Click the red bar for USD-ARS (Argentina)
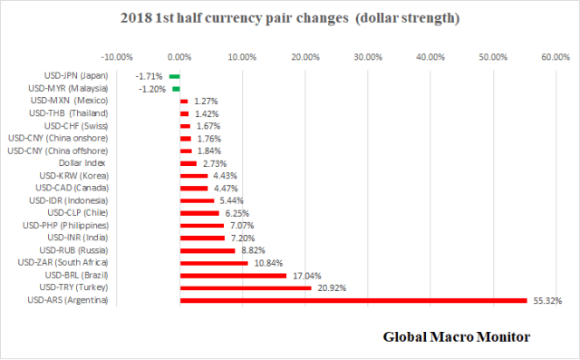click(353, 300)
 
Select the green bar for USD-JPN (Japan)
click(174, 76)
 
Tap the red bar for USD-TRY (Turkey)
click(246, 287)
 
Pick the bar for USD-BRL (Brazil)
click(234, 275)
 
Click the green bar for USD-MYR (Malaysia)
click(176, 89)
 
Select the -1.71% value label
click(150, 76)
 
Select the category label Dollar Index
click(82, 163)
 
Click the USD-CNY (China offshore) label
click(55, 151)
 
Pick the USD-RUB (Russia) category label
click(72, 249)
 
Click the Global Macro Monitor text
click(454, 337)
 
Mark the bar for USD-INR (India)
click(202, 238)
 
